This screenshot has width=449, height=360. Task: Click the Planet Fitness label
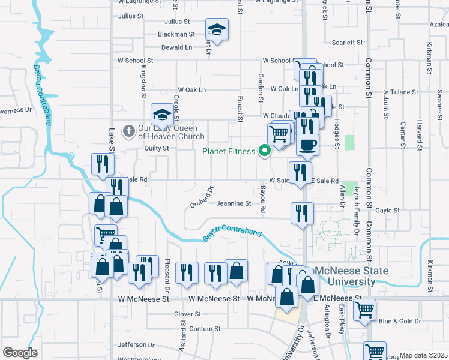coord(228,151)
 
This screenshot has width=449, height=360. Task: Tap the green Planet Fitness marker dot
coord(264,151)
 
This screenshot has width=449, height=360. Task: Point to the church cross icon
coord(128,131)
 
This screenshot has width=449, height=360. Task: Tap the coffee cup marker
coord(307,145)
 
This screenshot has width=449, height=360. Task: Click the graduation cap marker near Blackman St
coord(217,30)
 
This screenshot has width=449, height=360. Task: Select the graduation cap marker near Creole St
coord(161,113)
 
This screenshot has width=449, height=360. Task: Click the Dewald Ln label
coord(176,47)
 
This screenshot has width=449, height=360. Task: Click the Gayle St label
coord(388,211)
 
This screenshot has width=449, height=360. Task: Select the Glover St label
coord(187,314)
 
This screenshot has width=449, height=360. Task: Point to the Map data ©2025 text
coord(423,356)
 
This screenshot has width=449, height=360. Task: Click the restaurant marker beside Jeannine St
coord(302,213)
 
